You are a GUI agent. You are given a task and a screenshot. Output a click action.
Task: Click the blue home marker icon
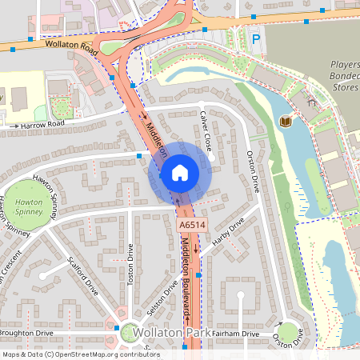(x=180, y=173)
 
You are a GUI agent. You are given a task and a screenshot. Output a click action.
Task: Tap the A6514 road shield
(x=188, y=226)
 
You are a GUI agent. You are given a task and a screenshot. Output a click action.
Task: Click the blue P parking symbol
(x=256, y=38)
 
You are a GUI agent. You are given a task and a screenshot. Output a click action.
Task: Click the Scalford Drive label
(x=83, y=275)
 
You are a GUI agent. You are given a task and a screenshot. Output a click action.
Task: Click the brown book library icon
(x=284, y=122)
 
